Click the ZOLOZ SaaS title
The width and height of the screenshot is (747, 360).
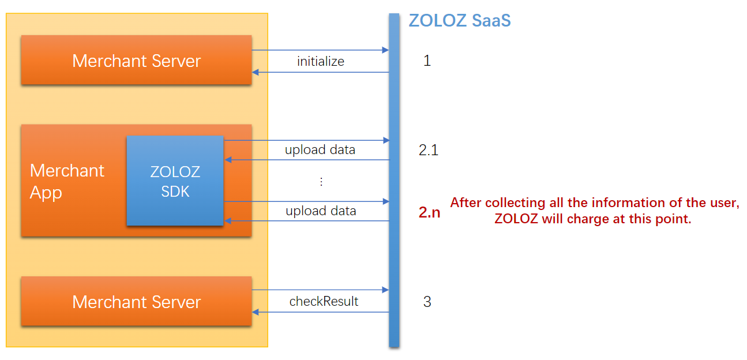(459, 21)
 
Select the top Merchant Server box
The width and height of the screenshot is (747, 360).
(136, 61)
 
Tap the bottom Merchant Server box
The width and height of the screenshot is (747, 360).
(136, 302)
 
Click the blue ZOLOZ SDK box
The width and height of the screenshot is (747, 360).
(175, 181)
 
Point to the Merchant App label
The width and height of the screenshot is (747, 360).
(67, 181)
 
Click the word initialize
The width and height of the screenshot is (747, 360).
(320, 61)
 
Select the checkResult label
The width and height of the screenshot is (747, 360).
(324, 301)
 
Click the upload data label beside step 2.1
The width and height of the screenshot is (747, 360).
(320, 150)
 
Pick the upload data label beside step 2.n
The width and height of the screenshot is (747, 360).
(321, 211)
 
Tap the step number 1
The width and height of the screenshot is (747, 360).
(427, 61)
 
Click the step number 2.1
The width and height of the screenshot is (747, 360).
(429, 151)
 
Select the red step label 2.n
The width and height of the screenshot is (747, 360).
(429, 212)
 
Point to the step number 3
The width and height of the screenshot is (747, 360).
(427, 302)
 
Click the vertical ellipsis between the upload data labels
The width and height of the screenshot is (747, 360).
(321, 182)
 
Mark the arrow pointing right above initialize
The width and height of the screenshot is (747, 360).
(320, 50)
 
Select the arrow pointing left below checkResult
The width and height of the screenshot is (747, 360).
(320, 312)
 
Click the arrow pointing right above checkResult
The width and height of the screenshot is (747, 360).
(320, 290)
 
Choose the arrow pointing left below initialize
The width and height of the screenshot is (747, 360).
(320, 72)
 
